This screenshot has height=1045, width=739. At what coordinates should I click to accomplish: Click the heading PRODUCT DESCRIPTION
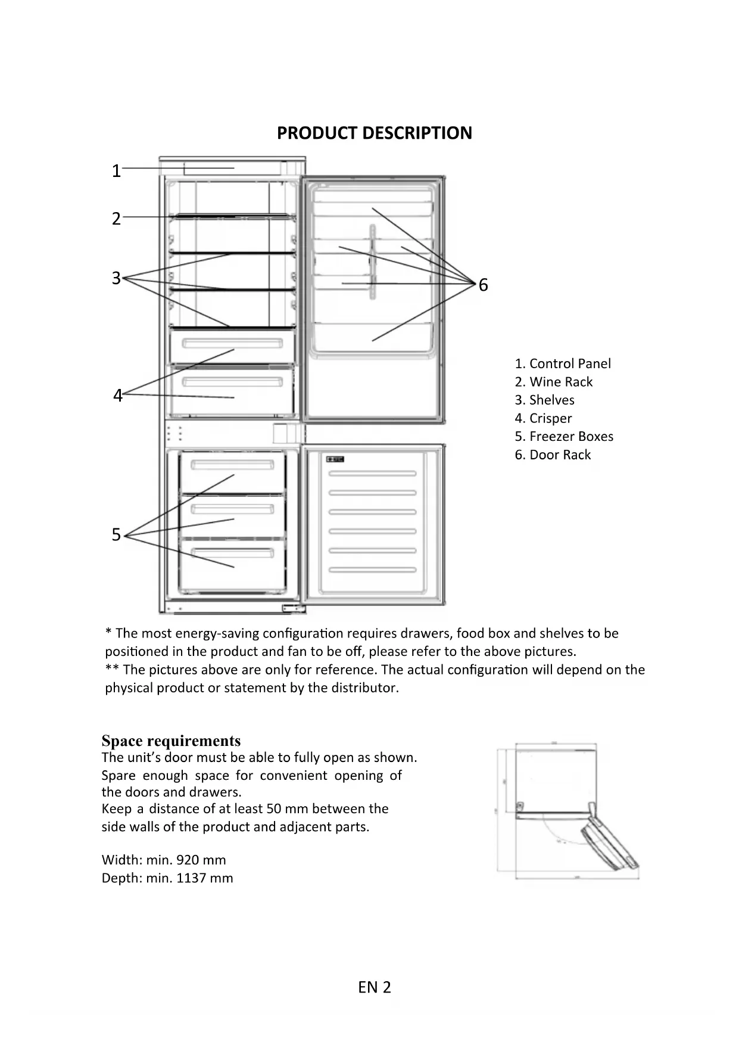[374, 133]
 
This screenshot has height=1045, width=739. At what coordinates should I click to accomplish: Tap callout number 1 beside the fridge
[116, 172]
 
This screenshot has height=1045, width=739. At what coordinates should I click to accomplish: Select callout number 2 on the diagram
[116, 219]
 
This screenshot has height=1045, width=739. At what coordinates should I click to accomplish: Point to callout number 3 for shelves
[116, 278]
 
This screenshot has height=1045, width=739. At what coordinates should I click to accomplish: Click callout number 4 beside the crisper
[117, 396]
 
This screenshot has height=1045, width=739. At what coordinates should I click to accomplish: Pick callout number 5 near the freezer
[116, 535]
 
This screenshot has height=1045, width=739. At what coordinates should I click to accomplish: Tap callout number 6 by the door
[483, 285]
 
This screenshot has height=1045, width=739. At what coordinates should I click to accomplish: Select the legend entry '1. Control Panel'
[563, 364]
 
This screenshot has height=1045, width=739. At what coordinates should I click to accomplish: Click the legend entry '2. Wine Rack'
[554, 382]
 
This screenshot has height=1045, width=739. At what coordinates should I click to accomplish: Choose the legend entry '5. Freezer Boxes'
[564, 437]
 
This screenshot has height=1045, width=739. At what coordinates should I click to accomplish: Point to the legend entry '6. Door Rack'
[553, 455]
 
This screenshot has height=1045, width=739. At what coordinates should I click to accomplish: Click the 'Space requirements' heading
[171, 741]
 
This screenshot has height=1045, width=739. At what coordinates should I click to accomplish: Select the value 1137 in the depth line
[191, 878]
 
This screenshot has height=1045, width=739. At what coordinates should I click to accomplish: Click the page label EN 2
[375, 988]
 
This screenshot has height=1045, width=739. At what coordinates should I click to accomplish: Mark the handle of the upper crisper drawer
[233, 344]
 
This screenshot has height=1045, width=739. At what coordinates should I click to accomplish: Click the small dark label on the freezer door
[335, 459]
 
